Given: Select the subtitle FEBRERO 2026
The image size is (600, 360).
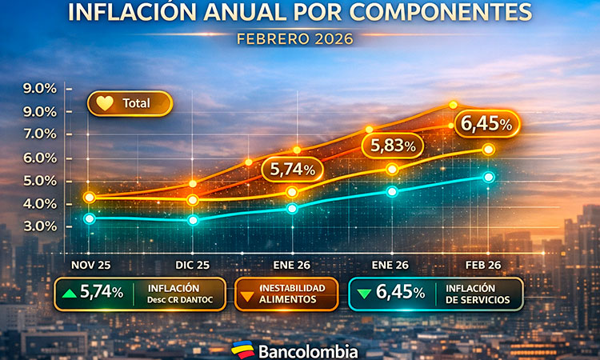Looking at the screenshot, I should [294, 38].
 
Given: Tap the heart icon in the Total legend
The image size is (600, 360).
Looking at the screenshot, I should [104, 103].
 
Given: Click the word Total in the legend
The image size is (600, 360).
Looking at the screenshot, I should [136, 103].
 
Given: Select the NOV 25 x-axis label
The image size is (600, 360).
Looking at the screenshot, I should [90, 265].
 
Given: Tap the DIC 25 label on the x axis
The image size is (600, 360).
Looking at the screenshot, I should [192, 265].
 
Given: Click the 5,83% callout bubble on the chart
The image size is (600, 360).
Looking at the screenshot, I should [392, 146].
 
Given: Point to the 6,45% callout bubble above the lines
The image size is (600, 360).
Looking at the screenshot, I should [487, 124].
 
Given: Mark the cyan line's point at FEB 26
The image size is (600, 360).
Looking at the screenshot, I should [489, 177].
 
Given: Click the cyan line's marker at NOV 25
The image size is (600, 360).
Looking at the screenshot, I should [90, 218].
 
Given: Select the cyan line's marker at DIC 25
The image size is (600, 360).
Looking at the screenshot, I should [192, 220].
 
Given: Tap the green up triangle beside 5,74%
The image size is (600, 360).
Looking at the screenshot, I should [70, 294].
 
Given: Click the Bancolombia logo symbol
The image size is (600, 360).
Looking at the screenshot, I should [242, 350].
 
